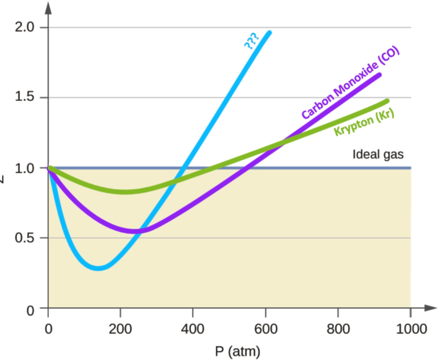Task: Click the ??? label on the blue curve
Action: click(x=251, y=41)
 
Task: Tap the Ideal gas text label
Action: click(x=377, y=155)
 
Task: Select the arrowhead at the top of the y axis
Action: click(x=48, y=8)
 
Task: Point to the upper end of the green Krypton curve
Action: click(x=387, y=101)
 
